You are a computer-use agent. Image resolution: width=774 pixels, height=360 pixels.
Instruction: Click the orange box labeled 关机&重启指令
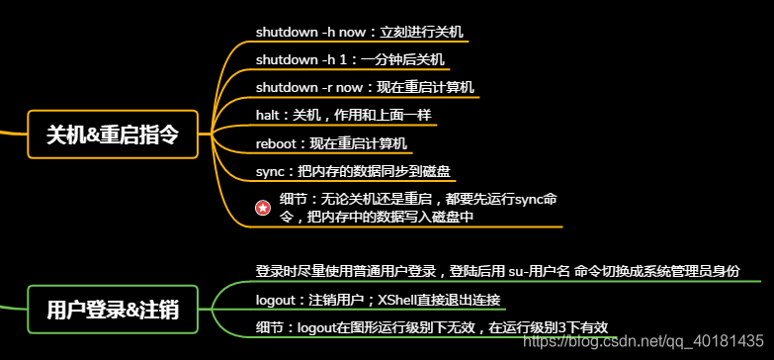point(113,134)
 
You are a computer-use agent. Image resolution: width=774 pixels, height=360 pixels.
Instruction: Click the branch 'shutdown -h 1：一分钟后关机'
point(350,59)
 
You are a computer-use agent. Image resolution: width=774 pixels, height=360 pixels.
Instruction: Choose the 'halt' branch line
point(343,115)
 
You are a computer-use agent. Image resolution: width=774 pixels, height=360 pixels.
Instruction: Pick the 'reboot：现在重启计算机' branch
point(331,142)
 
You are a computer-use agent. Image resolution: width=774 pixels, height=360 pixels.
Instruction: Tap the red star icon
point(263,208)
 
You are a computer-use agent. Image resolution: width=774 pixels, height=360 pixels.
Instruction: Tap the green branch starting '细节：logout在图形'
point(431,327)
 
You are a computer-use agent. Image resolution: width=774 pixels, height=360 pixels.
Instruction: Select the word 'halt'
point(268,115)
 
